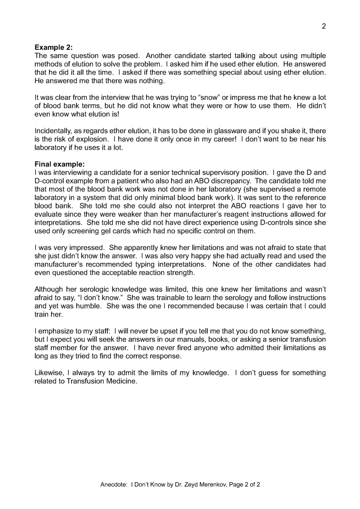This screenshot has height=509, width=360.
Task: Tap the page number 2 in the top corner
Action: pyautogui.click(x=324, y=26)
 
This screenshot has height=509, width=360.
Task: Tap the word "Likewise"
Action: pyautogui.click(x=48, y=373)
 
